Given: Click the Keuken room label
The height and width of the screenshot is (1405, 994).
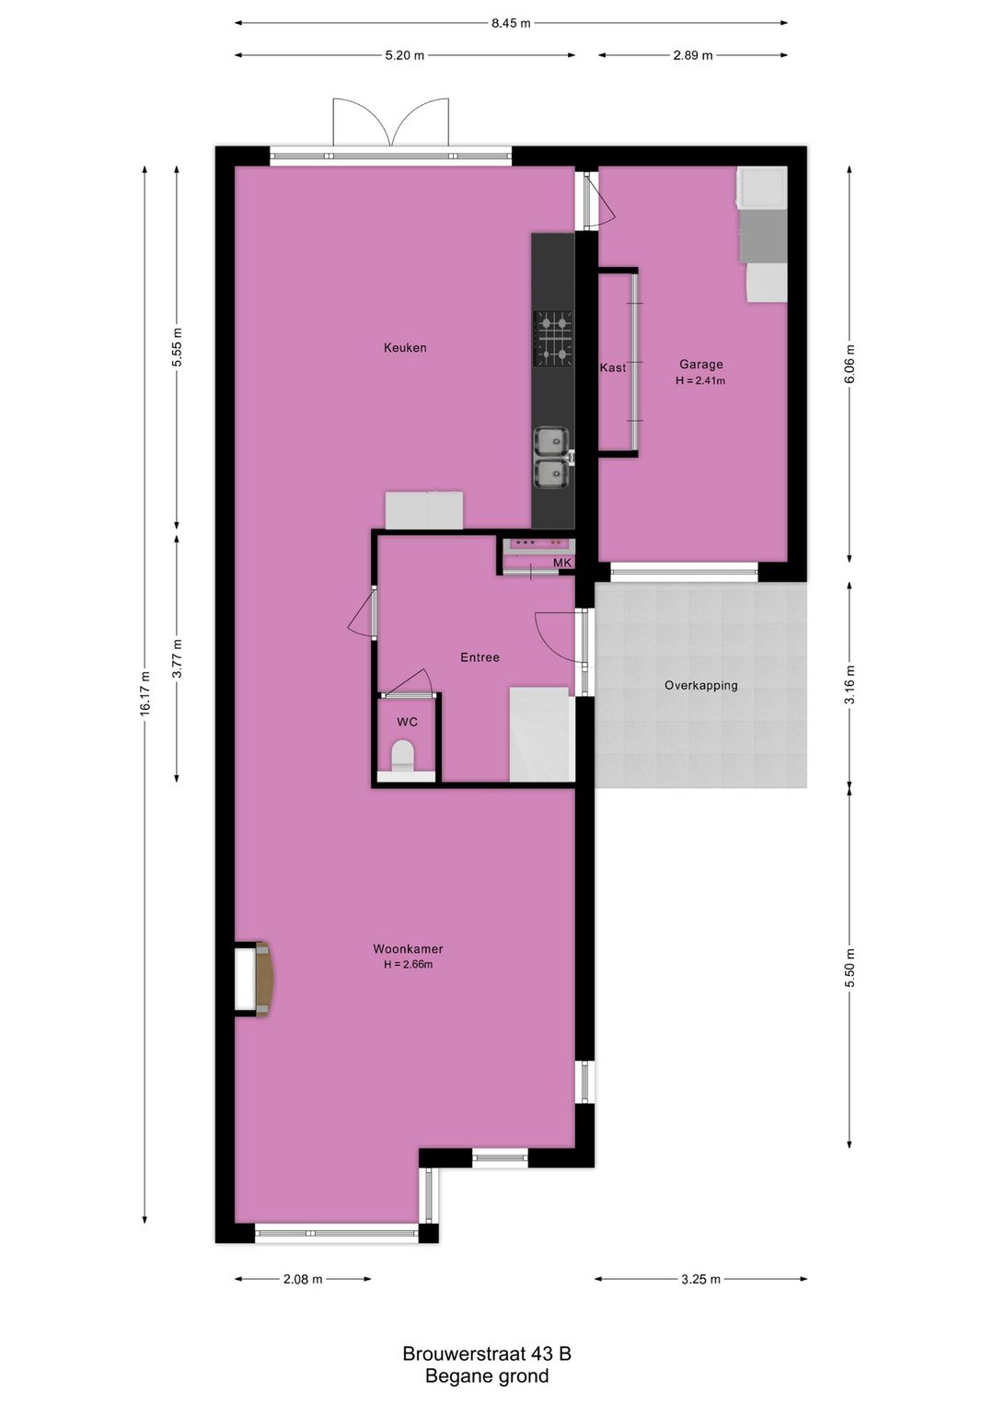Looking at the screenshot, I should [x=405, y=348].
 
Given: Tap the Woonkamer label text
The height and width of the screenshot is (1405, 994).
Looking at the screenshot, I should [x=408, y=949].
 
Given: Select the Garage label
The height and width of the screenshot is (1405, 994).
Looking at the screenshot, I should [x=700, y=365].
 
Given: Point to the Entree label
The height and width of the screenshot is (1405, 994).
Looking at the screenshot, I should [x=480, y=657].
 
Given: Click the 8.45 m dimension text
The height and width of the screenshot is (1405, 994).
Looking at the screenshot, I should [x=511, y=23].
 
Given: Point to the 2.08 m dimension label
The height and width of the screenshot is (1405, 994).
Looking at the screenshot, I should [x=303, y=1279].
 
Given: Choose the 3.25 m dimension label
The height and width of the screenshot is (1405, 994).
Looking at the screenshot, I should [x=700, y=1279].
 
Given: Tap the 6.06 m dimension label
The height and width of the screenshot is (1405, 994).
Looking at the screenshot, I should [x=850, y=365].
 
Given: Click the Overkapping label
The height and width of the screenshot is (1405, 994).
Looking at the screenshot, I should [x=700, y=685].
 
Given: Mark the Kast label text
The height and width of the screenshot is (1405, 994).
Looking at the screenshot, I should [x=613, y=368].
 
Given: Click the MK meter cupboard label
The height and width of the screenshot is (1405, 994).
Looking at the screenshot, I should [x=561, y=563].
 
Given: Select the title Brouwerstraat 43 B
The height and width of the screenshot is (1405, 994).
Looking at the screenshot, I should [x=487, y=1353].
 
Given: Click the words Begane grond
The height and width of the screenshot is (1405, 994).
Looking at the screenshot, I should [x=487, y=1376].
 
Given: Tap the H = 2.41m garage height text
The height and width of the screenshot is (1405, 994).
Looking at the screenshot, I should [x=700, y=381].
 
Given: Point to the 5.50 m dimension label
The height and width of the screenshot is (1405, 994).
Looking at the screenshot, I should [x=850, y=969].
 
